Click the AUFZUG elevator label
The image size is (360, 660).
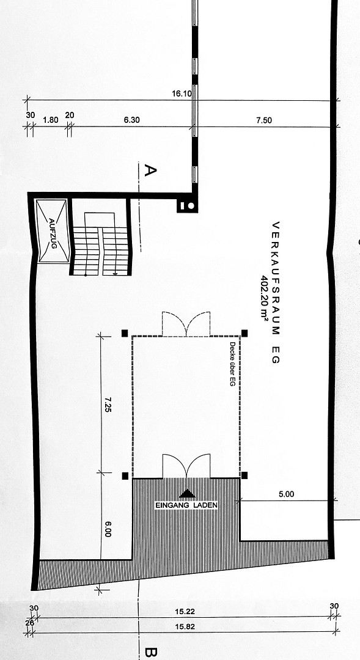(53, 233)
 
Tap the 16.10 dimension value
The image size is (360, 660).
(182, 94)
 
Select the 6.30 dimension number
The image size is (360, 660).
(132, 120)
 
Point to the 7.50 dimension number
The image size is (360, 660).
(264, 120)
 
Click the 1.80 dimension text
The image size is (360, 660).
(51, 120)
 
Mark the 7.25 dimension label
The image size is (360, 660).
(108, 405)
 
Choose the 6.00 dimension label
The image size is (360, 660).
(108, 528)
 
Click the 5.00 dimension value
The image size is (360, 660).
(286, 494)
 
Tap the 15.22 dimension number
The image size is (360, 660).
(185, 612)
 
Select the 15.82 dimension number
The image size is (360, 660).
(185, 627)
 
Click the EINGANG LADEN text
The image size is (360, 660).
(186, 505)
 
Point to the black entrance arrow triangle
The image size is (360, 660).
(188, 494)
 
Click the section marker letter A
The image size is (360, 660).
(150, 170)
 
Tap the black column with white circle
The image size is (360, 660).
(187, 206)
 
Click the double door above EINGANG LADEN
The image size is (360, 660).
(186, 466)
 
